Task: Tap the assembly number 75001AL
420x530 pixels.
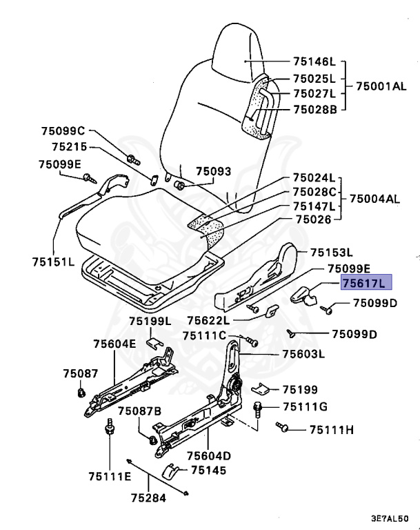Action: [377, 87]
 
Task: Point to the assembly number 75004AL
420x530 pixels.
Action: [374, 199]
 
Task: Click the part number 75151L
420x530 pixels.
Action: [52, 262]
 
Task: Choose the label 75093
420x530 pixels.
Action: [213, 171]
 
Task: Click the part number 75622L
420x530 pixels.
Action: [208, 320]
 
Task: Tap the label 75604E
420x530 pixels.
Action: [115, 344]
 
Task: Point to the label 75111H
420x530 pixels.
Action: [331, 430]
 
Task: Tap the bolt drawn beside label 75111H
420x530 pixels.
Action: [283, 427]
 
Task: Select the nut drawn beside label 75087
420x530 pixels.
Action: [80, 393]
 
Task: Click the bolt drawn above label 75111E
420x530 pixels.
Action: [109, 429]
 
